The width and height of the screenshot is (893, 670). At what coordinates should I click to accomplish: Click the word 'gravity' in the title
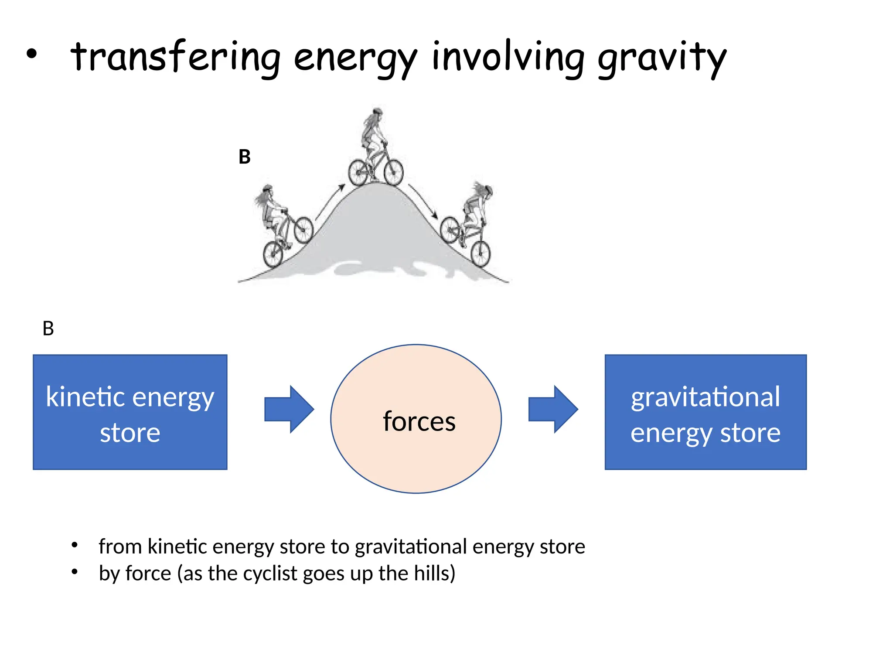661,59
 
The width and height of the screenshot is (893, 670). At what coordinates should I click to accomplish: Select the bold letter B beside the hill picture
245,157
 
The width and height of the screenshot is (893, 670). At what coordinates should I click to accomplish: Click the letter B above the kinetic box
48,328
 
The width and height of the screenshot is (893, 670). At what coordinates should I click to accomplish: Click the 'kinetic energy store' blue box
130,412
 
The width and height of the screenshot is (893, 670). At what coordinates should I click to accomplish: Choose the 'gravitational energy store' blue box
705,412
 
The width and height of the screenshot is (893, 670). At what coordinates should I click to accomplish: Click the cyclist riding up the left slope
279,222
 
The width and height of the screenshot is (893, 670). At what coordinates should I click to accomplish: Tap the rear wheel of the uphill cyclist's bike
273,254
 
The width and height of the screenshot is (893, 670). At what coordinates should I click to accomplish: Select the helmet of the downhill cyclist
487,190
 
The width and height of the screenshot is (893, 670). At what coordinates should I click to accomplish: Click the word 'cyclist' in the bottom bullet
270,574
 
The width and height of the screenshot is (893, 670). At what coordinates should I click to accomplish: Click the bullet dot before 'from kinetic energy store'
75,545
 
